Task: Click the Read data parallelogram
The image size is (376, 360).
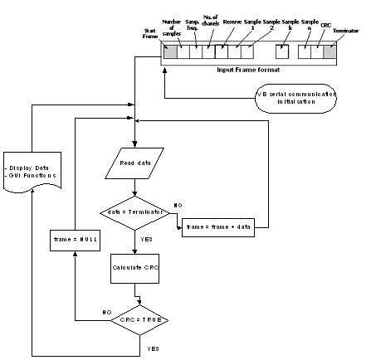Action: [x=134, y=164]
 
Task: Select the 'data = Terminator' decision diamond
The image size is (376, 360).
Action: [x=134, y=212]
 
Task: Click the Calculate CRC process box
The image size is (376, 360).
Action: [x=134, y=267]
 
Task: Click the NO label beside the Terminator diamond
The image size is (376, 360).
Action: [x=178, y=204]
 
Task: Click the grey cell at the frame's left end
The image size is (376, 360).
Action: [x=169, y=51]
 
